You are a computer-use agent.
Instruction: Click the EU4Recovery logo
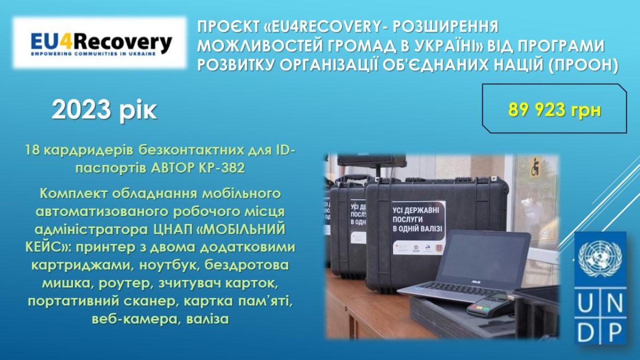(100, 43)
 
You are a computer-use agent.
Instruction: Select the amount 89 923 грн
(555, 110)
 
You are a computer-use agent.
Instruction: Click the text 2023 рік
(105, 110)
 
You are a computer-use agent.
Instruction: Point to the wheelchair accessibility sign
(535, 167)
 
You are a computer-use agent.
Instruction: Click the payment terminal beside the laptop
(489, 305)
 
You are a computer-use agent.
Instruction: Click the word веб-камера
(135, 319)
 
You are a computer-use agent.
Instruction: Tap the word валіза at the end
(207, 319)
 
